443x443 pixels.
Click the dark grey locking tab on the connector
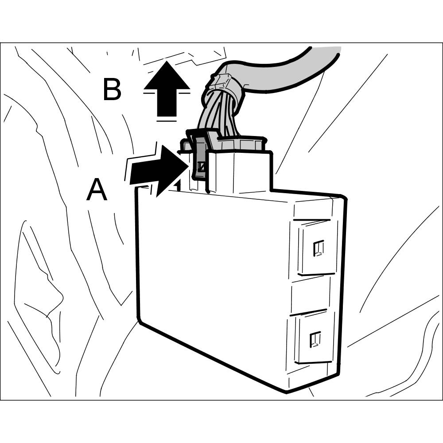coord(200,157)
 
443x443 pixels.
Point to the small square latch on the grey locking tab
coord(202,167)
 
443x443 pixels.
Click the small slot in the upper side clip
coord(318,248)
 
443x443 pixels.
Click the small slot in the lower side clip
coord(315,339)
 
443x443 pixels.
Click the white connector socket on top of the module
coord(239,173)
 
